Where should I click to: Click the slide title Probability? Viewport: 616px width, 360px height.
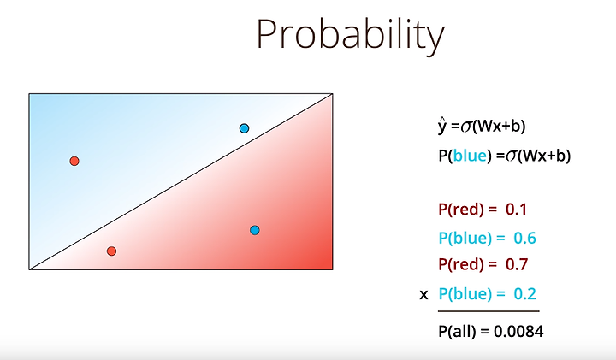pyautogui.click(x=351, y=34)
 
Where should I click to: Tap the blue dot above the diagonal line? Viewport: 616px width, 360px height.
pyautogui.click(x=244, y=128)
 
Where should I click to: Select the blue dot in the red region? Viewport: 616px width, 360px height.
pyautogui.click(x=255, y=230)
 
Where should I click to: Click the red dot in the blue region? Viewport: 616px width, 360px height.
pyautogui.click(x=74, y=161)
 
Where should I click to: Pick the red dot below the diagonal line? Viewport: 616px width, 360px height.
pyautogui.click(x=111, y=251)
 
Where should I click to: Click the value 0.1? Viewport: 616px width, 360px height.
pyautogui.click(x=516, y=210)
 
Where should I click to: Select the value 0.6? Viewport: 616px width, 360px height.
pyautogui.click(x=524, y=239)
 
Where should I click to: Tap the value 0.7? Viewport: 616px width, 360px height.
pyautogui.click(x=517, y=264)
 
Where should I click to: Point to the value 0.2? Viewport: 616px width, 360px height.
pyautogui.click(x=524, y=293)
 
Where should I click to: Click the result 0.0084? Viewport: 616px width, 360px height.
pyautogui.click(x=518, y=332)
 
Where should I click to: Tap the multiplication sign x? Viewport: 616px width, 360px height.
pyautogui.click(x=423, y=294)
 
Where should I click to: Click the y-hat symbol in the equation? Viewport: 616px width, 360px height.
pyautogui.click(x=443, y=126)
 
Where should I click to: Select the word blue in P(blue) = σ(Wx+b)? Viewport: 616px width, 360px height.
pyautogui.click(x=470, y=156)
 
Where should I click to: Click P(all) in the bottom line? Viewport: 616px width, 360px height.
pyautogui.click(x=457, y=332)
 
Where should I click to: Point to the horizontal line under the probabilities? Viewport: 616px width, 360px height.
pyautogui.click(x=489, y=311)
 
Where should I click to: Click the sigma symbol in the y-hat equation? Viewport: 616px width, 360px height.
pyautogui.click(x=467, y=127)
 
